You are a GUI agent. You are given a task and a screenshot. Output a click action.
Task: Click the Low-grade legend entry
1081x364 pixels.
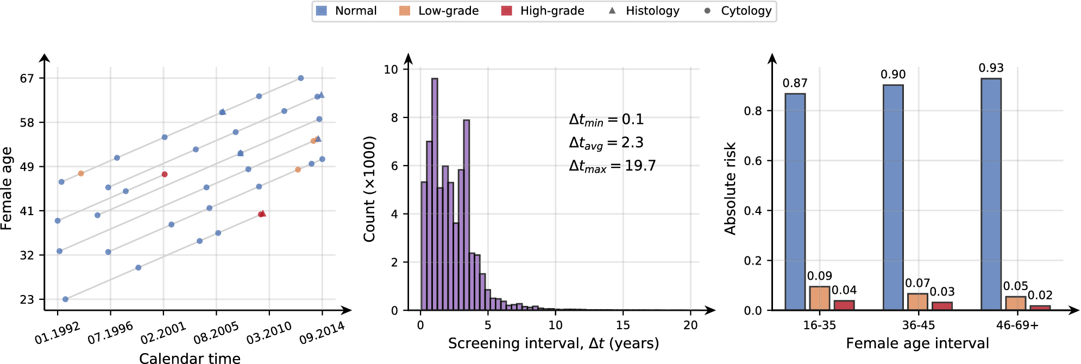[438, 11]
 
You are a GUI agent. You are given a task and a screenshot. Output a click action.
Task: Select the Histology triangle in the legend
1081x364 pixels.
[612, 10]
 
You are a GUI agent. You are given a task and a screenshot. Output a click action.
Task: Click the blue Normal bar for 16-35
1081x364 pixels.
[795, 202]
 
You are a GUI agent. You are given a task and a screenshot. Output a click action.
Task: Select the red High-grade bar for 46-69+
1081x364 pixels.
[1040, 307]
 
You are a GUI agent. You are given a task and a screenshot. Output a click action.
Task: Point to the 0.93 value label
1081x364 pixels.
[991, 68]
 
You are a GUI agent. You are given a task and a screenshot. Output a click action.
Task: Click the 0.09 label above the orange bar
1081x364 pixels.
[819, 276]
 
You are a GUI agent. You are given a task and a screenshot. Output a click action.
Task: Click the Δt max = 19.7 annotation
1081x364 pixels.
[612, 166]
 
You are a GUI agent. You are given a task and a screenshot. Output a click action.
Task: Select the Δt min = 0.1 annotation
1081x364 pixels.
[606, 120]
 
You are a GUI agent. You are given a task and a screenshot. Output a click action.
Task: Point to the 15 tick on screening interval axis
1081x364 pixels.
[623, 325]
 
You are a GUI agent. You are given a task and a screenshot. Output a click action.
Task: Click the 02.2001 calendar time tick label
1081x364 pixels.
[163, 333]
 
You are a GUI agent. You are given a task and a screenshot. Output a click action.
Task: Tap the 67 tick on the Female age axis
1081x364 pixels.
[27, 79]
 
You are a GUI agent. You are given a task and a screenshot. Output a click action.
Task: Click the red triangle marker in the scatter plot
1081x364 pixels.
[263, 214]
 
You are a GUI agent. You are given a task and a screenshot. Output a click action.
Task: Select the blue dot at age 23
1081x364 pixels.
[65, 299]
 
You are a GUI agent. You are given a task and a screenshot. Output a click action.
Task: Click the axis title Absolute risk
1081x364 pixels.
[730, 188]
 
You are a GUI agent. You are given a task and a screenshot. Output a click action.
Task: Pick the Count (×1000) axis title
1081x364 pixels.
[369, 189]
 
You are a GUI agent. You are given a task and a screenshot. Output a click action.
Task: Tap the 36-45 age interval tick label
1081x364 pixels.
[918, 325]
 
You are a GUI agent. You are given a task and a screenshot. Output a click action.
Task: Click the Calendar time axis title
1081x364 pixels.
[190, 358]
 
